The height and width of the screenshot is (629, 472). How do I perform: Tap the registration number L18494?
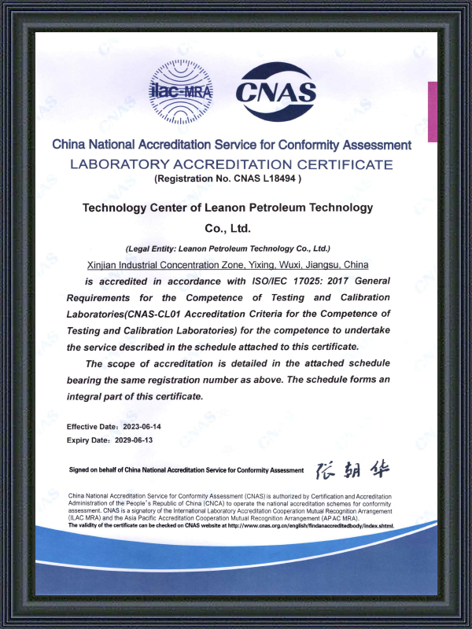[x=279, y=179]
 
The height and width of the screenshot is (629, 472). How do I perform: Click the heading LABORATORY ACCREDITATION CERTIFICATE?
[x=230, y=164]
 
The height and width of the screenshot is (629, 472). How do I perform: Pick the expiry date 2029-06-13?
[x=132, y=440]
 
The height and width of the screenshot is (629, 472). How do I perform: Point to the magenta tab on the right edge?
[x=432, y=110]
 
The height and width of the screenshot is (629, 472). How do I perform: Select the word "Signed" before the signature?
[x=79, y=470]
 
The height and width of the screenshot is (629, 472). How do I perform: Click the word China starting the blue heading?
[x=67, y=145]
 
